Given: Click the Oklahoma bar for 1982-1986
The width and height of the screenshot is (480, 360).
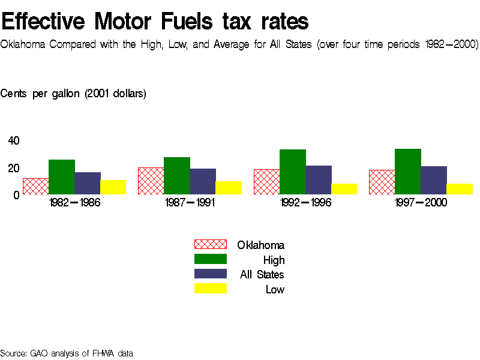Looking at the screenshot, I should (35, 187).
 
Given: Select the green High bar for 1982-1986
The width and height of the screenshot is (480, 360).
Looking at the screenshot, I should (61, 177).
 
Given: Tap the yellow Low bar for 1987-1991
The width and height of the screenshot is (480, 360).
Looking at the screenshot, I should (229, 188).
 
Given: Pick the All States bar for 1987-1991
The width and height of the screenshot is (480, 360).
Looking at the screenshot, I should (203, 182).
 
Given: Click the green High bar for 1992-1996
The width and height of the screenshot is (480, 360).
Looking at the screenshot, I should (293, 172).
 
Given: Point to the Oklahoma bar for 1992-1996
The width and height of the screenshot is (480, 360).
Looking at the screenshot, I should (266, 182).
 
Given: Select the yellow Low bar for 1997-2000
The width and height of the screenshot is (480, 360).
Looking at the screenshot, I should (460, 189).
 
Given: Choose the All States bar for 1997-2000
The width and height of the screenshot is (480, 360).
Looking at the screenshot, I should (434, 181).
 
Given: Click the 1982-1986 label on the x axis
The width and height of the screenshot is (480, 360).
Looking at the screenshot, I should (74, 203).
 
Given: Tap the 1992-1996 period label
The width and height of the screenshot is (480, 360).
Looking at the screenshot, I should (305, 203).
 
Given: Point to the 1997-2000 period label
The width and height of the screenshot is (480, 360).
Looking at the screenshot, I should (421, 203).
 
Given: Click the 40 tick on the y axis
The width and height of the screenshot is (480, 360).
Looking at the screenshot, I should (13, 141).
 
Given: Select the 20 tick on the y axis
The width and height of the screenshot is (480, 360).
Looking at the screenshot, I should (13, 168).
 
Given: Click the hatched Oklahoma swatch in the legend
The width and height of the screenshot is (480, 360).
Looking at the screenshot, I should (210, 244).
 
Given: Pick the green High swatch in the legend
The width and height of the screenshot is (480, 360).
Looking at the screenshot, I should (210, 259).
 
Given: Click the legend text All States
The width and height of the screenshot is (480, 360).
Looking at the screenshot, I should (262, 275).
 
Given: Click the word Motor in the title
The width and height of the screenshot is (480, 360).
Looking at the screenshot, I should (127, 22).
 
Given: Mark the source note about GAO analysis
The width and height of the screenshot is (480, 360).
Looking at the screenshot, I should (67, 353).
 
